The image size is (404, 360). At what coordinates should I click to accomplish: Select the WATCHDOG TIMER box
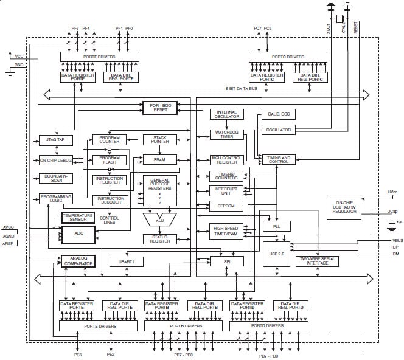(x=226, y=134)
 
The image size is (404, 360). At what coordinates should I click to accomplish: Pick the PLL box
(x=275, y=226)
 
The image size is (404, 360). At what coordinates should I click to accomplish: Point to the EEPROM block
(x=226, y=207)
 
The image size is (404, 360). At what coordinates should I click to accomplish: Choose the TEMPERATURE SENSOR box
(x=78, y=217)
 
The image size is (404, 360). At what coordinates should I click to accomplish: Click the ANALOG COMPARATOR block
(x=78, y=261)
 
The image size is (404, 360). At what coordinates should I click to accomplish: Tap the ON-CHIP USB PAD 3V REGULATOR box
(x=349, y=206)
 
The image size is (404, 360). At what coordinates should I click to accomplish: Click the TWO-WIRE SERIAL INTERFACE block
(x=317, y=261)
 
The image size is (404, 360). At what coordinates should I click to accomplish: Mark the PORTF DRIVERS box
(x=99, y=57)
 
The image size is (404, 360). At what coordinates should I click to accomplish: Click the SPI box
(x=226, y=261)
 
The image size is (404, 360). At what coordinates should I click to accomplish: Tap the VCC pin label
(x=19, y=56)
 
